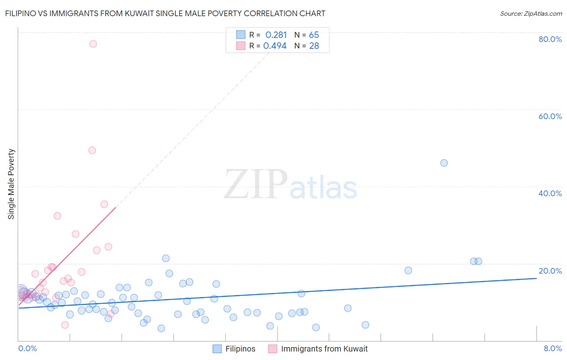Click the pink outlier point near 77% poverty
pos(93,44)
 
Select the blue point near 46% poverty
pos(444,163)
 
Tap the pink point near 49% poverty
pos(92,150)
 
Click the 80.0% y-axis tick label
pos(550,39)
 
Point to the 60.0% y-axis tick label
pos(550,116)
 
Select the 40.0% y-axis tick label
pos(550,193)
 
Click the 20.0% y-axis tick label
pos(550,271)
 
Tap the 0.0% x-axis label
pos(27,348)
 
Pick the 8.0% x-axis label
pos(552,348)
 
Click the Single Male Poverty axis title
pos(11,184)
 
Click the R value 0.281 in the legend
pos(276,35)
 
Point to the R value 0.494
pos(275,46)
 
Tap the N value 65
pos(314,35)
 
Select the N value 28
pos(314,46)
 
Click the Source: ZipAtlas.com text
pos(531,14)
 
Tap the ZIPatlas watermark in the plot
pos(290,184)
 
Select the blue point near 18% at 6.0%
pos(408,270)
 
